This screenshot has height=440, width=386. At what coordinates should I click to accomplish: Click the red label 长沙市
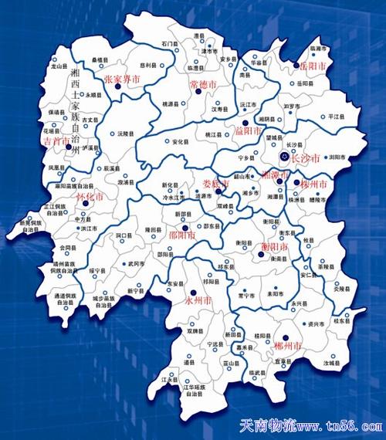[306, 157]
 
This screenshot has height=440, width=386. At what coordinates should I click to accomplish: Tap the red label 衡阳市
[273, 246]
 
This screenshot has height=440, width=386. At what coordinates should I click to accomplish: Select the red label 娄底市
[215, 184]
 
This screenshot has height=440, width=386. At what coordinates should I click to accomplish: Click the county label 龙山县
[60, 66]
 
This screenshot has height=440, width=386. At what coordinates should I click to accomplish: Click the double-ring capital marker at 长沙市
[286, 157]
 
